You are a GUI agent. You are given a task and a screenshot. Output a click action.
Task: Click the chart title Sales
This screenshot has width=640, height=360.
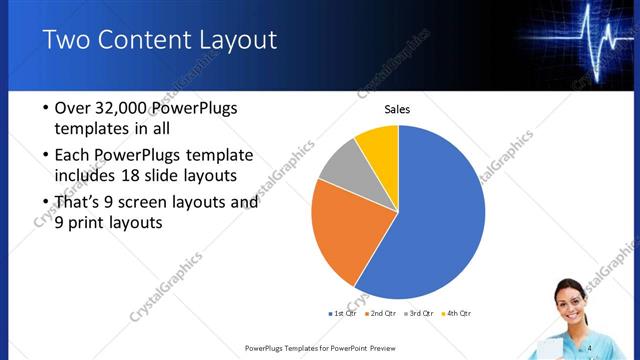[x=398, y=109]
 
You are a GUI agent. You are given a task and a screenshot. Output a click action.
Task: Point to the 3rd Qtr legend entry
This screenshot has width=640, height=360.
[x=419, y=314]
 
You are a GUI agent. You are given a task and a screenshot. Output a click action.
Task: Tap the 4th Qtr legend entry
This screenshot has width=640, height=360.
[x=456, y=314]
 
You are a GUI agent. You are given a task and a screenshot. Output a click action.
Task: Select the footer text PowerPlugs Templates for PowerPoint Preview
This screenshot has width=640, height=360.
[x=318, y=348]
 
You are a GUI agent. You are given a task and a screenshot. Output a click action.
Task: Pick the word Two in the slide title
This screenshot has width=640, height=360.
[x=65, y=40]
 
